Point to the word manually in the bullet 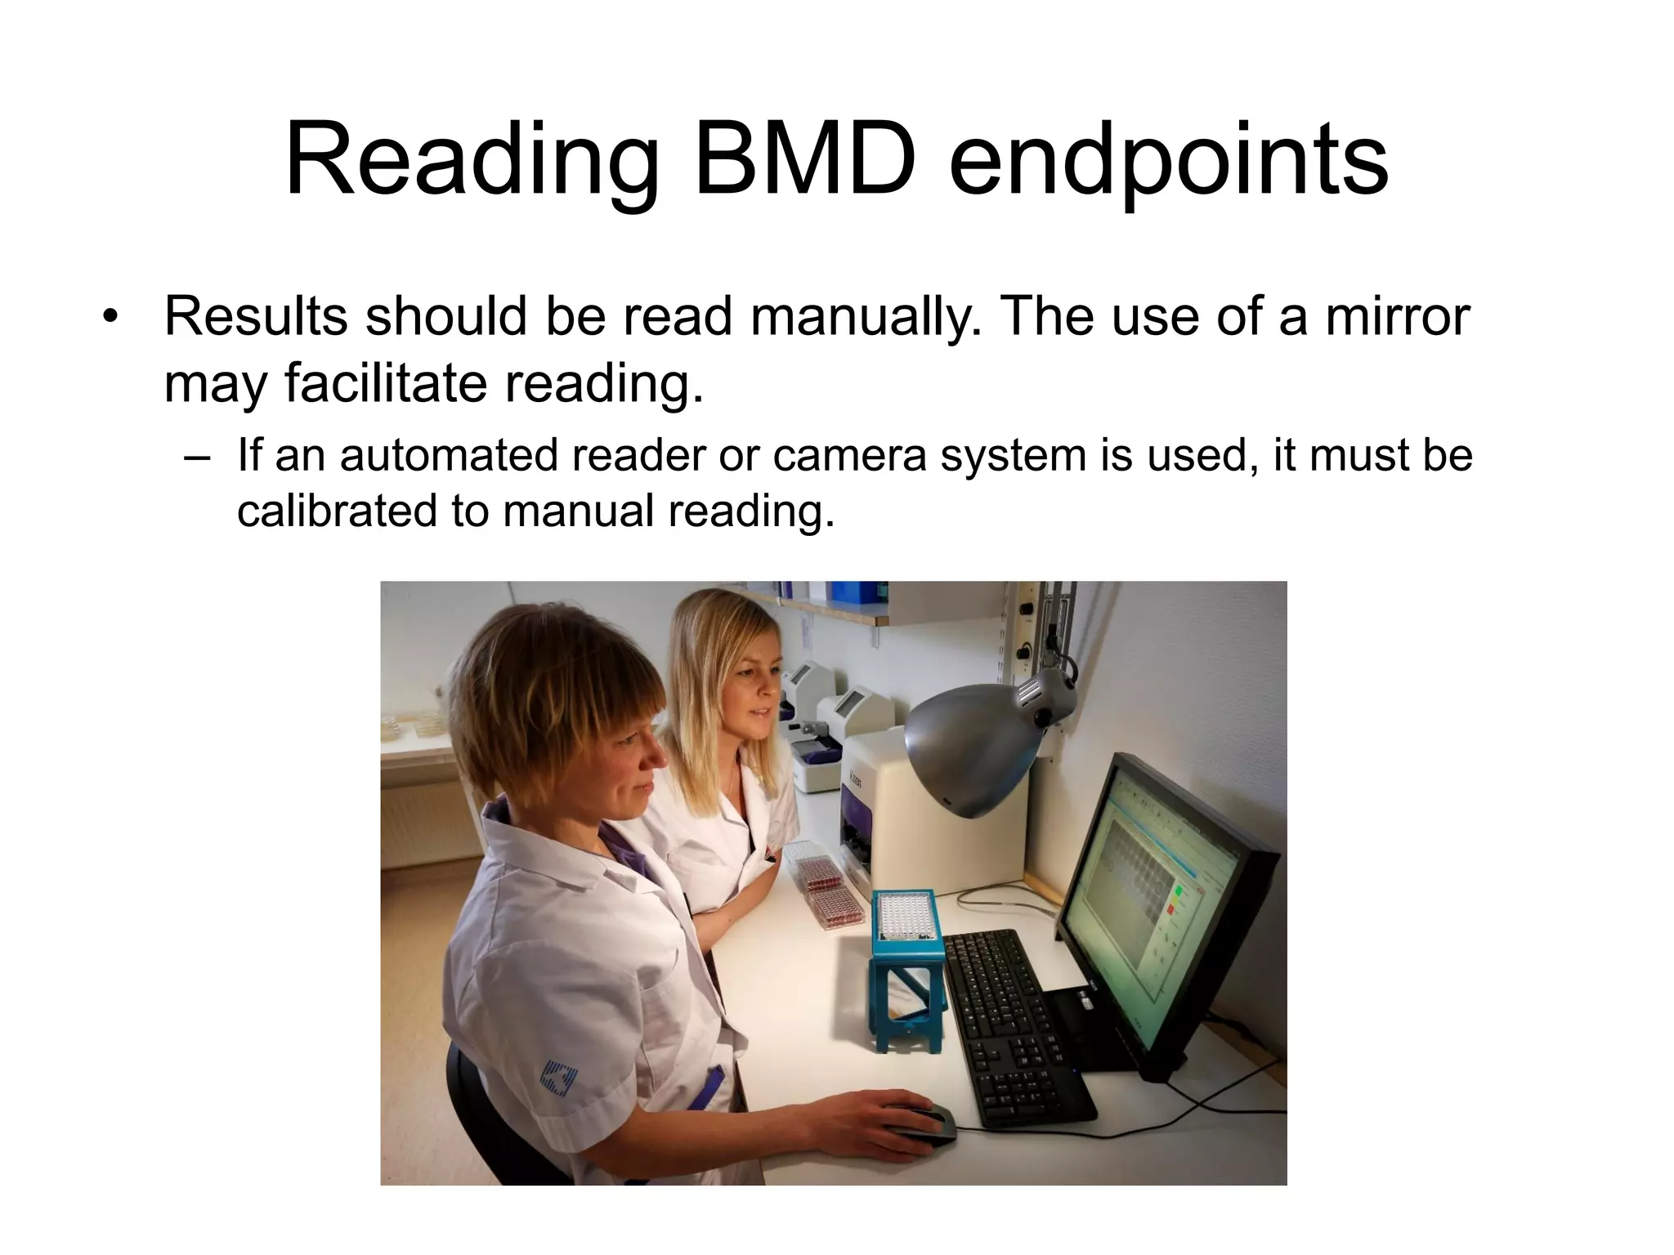[x=866, y=317]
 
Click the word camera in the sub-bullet [x=849, y=455]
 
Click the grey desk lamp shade [x=973, y=744]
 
